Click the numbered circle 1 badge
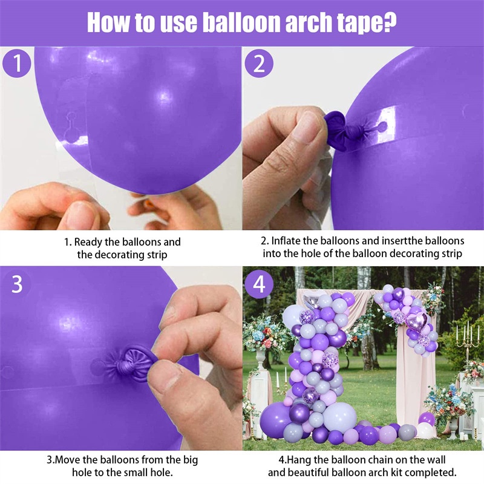pos(17,64)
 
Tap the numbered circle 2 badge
pos(259,64)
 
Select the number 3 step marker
pos(17,284)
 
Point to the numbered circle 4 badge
pos(259,284)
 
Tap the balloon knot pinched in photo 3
pos(127,364)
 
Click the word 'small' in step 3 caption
pos(135,473)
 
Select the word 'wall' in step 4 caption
pos(434,460)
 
